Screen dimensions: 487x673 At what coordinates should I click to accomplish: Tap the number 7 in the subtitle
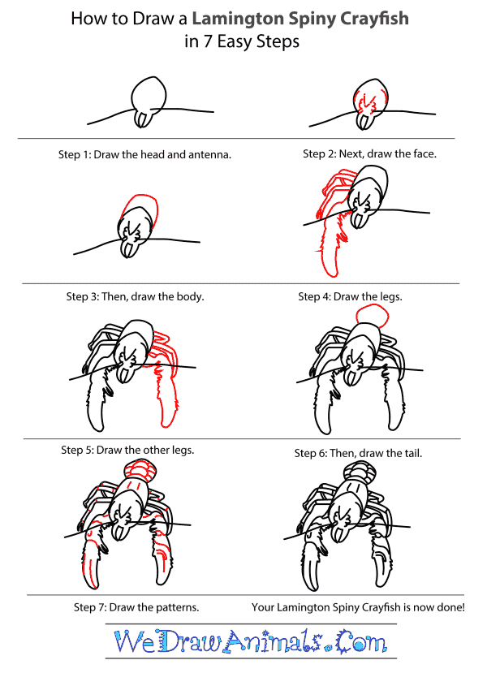point(207,42)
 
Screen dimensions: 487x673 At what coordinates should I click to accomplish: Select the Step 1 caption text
point(144,154)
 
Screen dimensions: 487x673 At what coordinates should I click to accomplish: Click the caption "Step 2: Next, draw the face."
point(369,153)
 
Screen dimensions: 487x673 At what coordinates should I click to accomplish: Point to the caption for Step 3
point(136,296)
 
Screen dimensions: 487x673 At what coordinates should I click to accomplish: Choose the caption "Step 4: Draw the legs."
point(350,296)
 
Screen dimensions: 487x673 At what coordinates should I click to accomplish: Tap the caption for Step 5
point(127,450)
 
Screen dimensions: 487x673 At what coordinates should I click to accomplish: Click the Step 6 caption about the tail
point(358,453)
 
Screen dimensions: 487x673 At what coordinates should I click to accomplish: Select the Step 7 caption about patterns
point(136,607)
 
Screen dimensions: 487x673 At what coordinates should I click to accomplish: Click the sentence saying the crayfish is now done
point(358,607)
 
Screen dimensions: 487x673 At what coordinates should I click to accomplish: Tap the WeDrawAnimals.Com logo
point(251,641)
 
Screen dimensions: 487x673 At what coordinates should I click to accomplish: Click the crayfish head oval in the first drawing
point(149,95)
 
